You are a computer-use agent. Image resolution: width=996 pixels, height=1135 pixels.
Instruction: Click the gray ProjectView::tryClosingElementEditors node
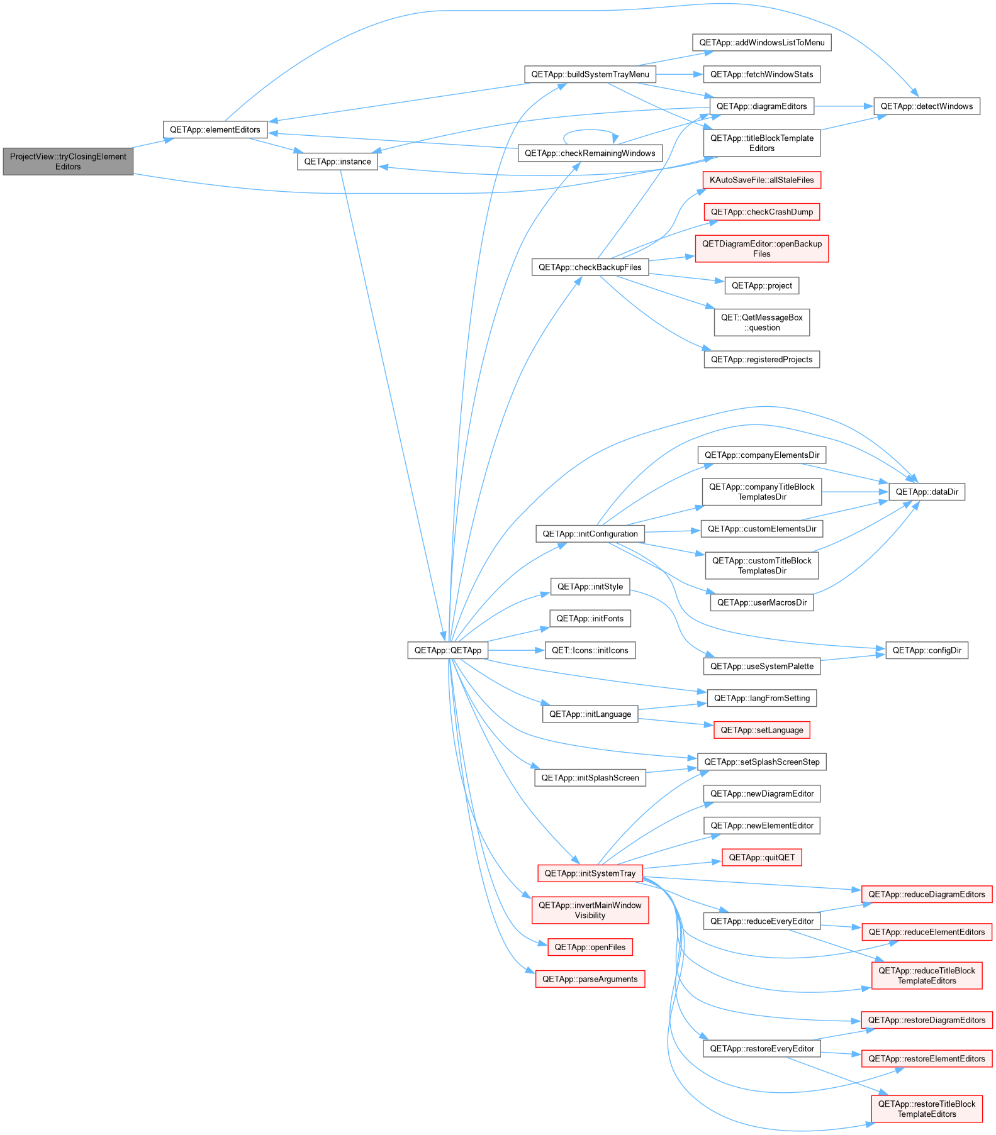68,162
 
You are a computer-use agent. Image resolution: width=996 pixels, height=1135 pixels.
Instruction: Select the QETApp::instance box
337,162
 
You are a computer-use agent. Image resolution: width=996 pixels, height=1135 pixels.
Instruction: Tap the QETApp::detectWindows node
926,106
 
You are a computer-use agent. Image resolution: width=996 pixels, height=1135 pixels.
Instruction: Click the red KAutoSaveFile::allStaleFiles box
761,180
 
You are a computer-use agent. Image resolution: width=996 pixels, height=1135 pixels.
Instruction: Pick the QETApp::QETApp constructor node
447,650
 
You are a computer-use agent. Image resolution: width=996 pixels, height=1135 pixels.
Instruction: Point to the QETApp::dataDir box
927,492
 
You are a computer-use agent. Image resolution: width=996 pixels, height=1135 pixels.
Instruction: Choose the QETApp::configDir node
927,650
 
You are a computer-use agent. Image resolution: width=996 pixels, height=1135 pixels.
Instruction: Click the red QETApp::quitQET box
761,857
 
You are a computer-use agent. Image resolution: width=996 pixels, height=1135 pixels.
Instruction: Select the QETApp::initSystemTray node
590,873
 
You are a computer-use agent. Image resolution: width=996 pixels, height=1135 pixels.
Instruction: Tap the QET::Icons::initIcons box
590,650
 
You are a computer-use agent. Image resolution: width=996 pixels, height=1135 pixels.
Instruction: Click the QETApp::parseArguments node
590,979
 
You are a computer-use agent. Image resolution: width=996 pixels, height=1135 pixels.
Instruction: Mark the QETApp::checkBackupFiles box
590,267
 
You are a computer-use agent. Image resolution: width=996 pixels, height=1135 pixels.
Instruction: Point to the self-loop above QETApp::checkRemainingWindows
590,130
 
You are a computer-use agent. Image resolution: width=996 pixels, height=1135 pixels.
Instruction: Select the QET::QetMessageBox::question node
761,323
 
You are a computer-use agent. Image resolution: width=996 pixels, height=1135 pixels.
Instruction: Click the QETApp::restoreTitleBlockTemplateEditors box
927,1109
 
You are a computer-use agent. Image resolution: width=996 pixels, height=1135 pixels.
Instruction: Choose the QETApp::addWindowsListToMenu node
761,42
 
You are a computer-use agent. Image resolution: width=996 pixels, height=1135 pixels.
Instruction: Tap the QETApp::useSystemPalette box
761,666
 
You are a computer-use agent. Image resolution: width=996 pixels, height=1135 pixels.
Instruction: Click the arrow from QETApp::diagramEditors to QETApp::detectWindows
844,106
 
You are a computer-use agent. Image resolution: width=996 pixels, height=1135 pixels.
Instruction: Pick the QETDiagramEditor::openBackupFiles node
761,248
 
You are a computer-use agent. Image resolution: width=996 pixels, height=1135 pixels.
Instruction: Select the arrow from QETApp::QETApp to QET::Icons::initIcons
516,650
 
